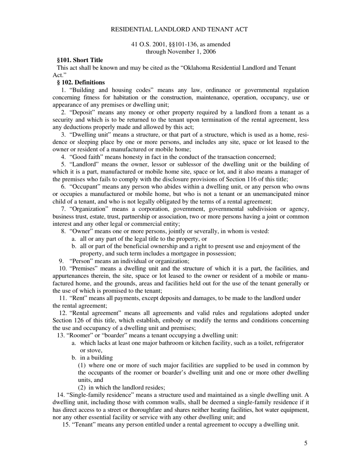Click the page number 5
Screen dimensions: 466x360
(305, 443)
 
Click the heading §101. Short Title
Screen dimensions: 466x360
(80, 60)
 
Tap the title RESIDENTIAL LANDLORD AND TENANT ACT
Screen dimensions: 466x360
(179, 29)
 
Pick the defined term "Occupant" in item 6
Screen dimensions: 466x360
(84, 187)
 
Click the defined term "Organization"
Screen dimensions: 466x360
(89, 209)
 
